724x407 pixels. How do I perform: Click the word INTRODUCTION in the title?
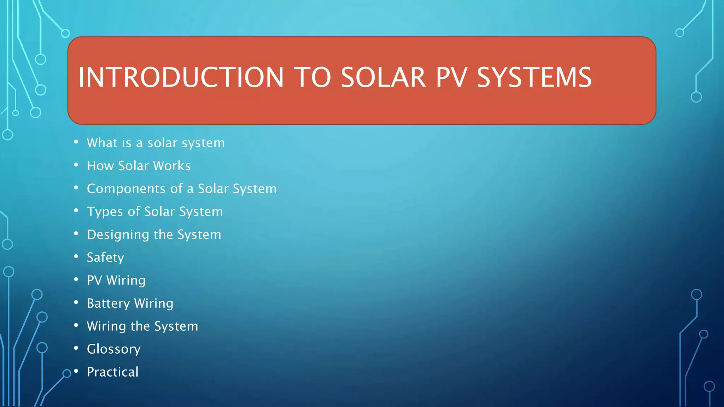pyautogui.click(x=181, y=77)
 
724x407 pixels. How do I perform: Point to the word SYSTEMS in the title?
pyautogui.click(x=534, y=77)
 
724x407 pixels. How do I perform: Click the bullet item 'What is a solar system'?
pyautogui.click(x=156, y=143)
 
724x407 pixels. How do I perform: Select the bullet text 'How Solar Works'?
pyautogui.click(x=139, y=166)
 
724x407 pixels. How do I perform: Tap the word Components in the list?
pyautogui.click(x=125, y=189)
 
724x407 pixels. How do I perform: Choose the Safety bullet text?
pyautogui.click(x=105, y=258)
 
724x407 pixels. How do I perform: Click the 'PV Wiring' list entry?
pyautogui.click(x=116, y=281)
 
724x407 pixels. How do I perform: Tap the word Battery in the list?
pyautogui.click(x=108, y=303)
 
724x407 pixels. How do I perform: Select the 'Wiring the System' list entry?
pyautogui.click(x=142, y=326)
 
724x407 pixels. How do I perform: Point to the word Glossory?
pyautogui.click(x=113, y=349)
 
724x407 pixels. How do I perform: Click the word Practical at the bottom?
pyautogui.click(x=112, y=372)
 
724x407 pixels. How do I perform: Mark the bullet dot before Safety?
pyautogui.click(x=76, y=256)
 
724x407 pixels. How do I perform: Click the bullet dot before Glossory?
pyautogui.click(x=76, y=348)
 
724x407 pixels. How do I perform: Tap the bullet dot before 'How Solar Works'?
pyautogui.click(x=76, y=165)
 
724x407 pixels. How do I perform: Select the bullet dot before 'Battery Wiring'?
pyautogui.click(x=76, y=302)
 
